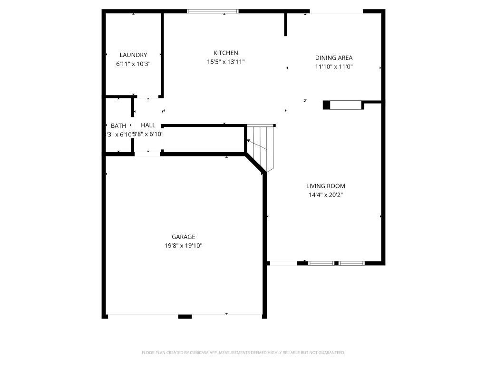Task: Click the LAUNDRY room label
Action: pos(133,55)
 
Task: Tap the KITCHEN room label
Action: pos(225,53)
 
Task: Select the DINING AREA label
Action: pos(333,58)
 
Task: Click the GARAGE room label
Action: pos(183,237)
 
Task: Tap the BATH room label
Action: pos(118,126)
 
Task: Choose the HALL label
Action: pos(148,125)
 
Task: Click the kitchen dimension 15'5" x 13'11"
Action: pos(225,62)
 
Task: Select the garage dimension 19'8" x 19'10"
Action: pos(183,246)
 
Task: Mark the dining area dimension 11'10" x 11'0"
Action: pos(333,67)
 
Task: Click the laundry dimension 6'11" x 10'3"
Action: pos(133,64)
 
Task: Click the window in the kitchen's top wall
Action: pos(213,11)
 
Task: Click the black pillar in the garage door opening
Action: pos(185,316)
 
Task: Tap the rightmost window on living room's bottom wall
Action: pos(351,263)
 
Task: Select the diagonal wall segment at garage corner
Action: pos(255,163)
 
